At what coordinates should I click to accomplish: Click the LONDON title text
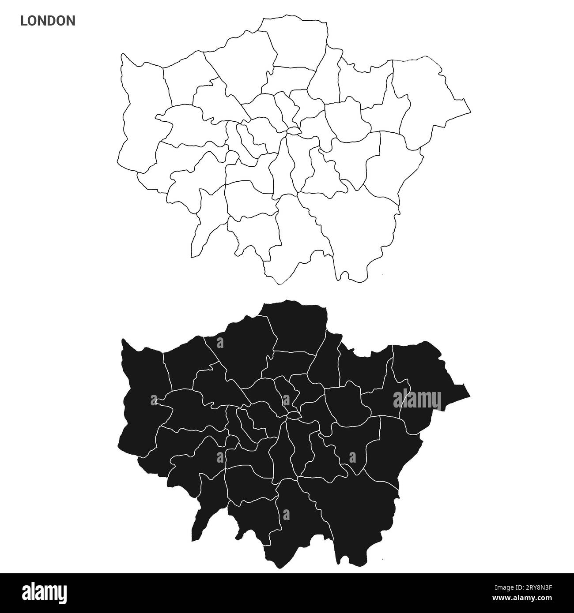pos(47,21)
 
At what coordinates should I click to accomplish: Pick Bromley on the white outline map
pos(358,229)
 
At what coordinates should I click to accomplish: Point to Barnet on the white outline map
pos(243,66)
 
